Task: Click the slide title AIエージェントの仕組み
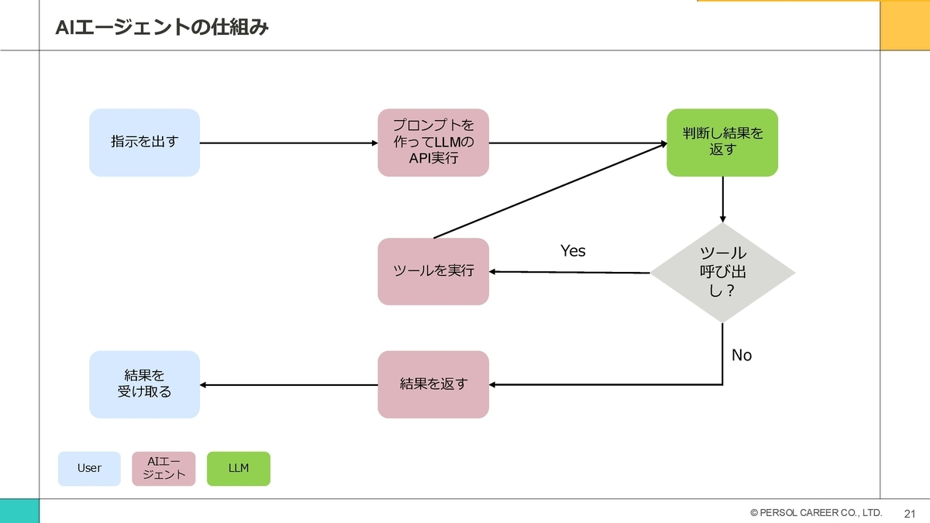[x=162, y=27]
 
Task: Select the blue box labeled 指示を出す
[x=144, y=143]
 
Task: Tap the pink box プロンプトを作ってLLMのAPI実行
[x=433, y=143]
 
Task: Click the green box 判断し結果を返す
[x=722, y=143]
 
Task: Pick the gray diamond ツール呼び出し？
[x=722, y=273]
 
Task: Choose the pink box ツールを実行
[x=433, y=271]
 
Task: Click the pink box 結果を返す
[x=433, y=384]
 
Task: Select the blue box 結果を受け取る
[x=144, y=384]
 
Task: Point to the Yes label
[x=573, y=251]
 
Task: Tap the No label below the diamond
[x=742, y=356]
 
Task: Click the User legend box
[x=89, y=469]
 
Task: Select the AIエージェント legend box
[x=164, y=469]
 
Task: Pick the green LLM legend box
[x=239, y=469]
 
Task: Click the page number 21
[x=910, y=514]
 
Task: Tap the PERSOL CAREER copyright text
[x=816, y=513]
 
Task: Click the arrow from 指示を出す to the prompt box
[x=289, y=143]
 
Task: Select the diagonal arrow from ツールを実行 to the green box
[x=550, y=191]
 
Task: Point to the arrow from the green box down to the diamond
[x=723, y=200]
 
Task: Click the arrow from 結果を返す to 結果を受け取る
[x=289, y=385]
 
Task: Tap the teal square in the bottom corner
[x=19, y=511]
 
